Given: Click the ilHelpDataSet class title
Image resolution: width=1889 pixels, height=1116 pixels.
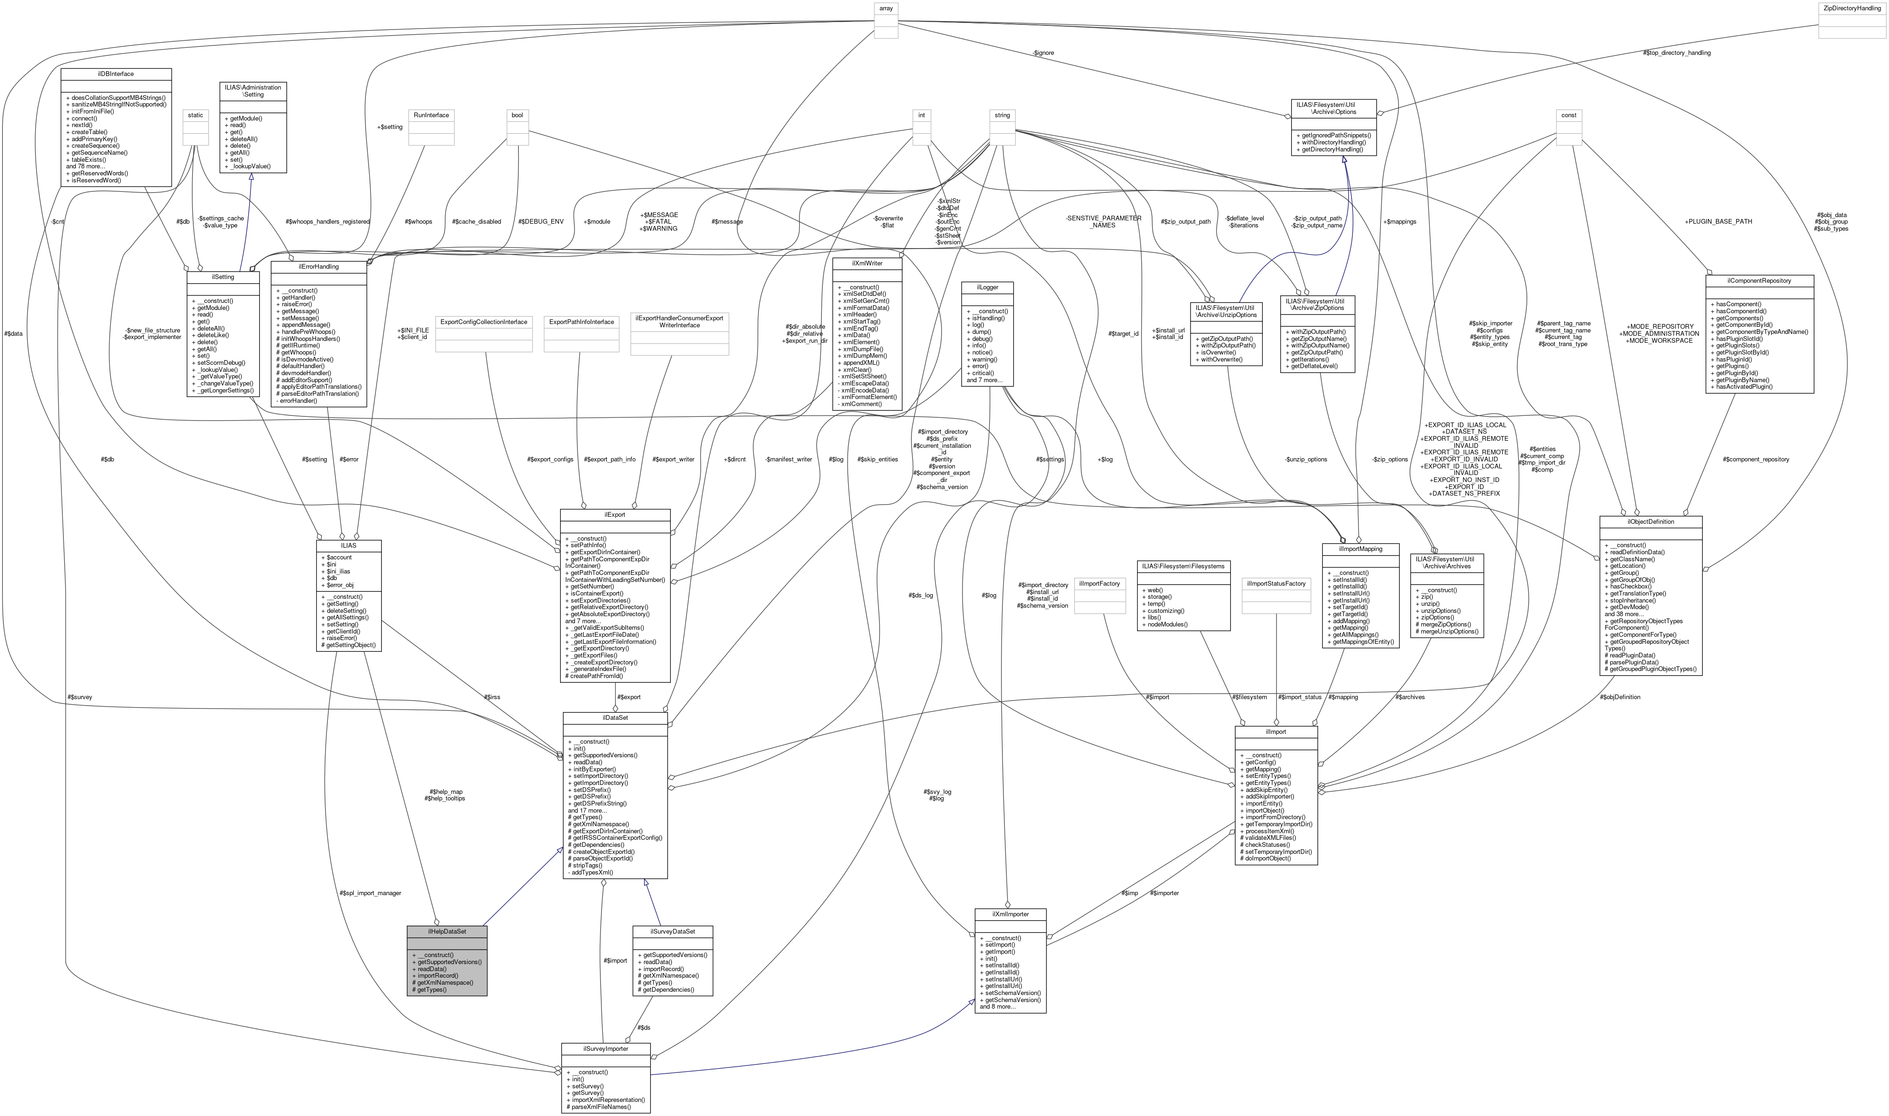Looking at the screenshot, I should [447, 931].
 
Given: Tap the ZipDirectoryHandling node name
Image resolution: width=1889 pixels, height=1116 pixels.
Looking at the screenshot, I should [1851, 8].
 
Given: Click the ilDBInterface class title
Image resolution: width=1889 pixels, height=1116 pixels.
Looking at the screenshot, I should [116, 74].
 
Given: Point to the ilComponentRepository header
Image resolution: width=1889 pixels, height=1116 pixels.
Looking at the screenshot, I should [1760, 280].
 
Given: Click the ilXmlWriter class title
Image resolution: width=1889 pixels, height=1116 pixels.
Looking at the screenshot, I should [867, 263].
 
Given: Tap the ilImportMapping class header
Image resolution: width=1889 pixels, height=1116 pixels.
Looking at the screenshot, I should [1360, 549].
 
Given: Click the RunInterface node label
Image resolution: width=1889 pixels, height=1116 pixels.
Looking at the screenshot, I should [432, 115].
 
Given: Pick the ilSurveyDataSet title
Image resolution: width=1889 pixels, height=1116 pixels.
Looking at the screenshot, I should [673, 931].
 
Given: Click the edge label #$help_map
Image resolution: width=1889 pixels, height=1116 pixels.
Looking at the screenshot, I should [445, 792].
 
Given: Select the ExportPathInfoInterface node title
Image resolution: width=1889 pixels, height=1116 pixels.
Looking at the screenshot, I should [582, 322].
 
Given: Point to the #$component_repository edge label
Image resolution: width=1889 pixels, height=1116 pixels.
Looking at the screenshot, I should [1755, 459].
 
